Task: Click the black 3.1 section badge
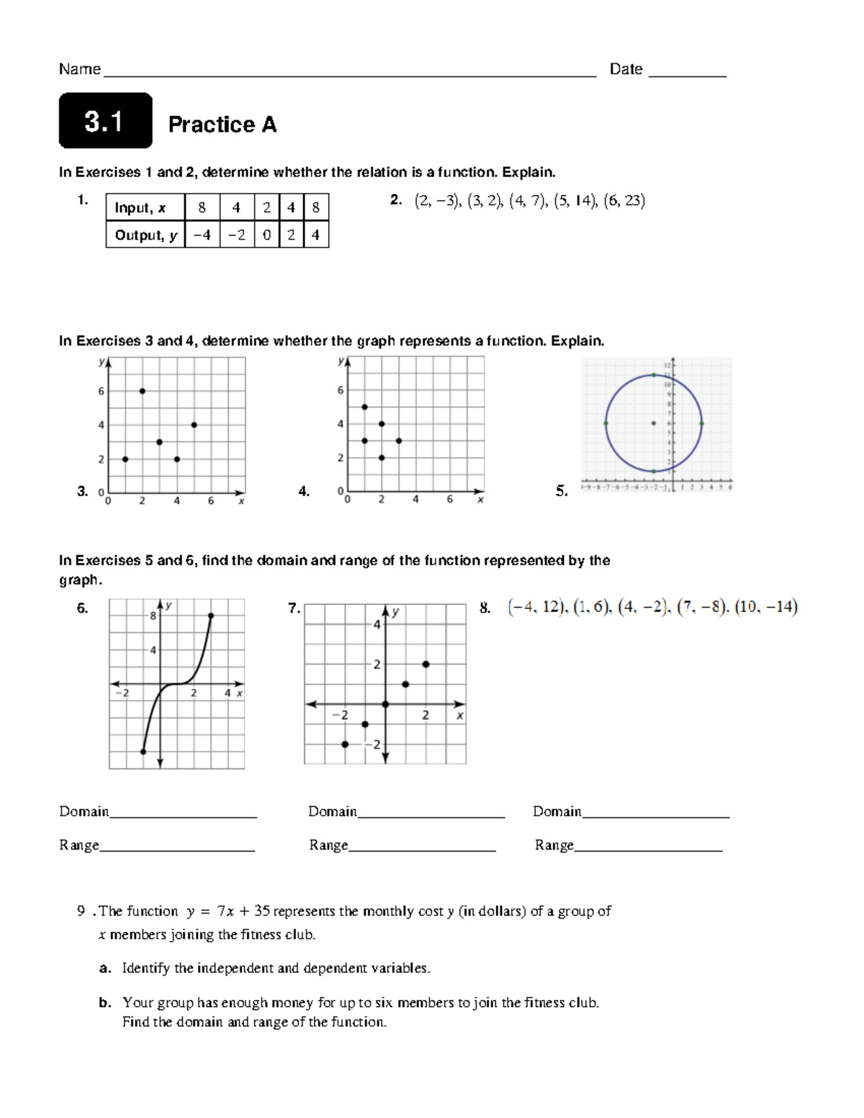click(105, 121)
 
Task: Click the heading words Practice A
click(222, 125)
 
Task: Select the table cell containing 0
click(266, 235)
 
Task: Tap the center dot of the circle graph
click(654, 423)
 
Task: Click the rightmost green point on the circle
click(701, 423)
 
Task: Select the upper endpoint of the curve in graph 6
click(211, 616)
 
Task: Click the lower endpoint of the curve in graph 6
click(143, 752)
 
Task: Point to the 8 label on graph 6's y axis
click(153, 616)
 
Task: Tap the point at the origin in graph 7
click(385, 704)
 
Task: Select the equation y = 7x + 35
click(228, 911)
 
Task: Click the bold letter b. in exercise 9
click(105, 1003)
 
